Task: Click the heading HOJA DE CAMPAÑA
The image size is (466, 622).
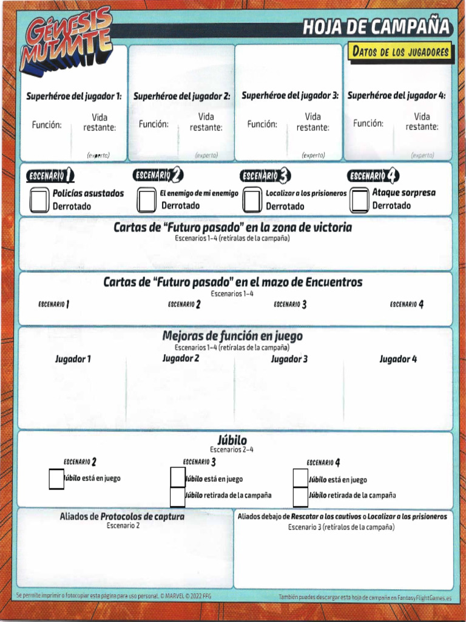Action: point(376,27)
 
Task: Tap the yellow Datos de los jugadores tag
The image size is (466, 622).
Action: point(400,52)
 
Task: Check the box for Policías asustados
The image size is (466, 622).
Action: point(40,200)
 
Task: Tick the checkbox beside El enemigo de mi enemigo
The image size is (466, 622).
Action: point(146,200)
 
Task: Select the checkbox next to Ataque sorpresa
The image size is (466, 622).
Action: point(360,199)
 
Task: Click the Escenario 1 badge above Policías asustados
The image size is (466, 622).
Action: point(50,176)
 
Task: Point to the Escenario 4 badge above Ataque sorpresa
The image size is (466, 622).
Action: point(373,176)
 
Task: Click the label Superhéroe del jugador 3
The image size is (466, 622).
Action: point(290,96)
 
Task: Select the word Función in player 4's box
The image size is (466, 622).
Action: point(368,123)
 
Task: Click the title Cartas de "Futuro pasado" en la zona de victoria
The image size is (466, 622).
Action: point(232,228)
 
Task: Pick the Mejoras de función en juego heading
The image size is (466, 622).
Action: point(232,336)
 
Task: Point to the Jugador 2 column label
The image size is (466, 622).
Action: point(181,358)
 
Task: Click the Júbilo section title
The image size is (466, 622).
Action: point(232,440)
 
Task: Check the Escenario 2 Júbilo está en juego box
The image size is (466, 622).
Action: point(56,479)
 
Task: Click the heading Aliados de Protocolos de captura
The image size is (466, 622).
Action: point(122,517)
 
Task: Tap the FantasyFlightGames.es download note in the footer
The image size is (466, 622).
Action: point(365,598)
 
